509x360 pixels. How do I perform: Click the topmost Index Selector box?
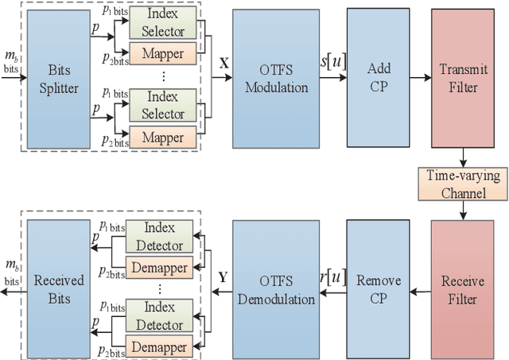pos(162,25)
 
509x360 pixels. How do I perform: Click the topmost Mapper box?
pos(162,55)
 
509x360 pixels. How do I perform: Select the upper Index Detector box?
pos(162,240)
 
